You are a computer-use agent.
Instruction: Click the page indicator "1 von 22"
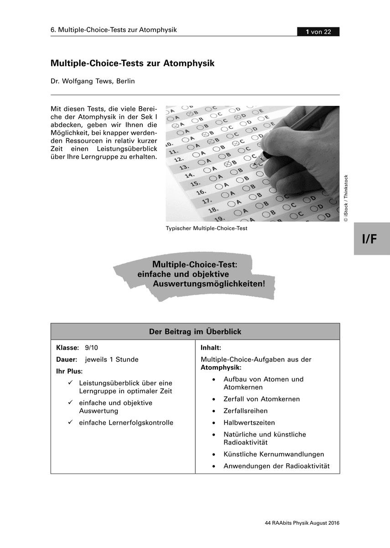(x=318, y=32)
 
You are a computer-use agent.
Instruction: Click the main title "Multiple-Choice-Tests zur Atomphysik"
(x=132, y=63)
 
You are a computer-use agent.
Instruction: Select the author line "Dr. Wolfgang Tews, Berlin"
(x=93, y=81)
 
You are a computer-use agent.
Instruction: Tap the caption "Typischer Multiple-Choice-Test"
(x=207, y=228)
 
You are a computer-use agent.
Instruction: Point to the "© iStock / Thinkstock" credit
(x=346, y=198)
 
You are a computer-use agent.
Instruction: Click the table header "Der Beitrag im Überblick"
(x=195, y=332)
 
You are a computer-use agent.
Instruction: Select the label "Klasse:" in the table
(x=68, y=348)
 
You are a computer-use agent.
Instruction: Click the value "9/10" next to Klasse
(x=91, y=348)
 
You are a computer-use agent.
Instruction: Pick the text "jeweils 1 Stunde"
(x=112, y=359)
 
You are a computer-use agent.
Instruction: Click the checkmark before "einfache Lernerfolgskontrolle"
(x=70, y=422)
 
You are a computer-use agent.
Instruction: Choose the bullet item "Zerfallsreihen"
(x=245, y=411)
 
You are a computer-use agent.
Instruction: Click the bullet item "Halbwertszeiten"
(x=249, y=422)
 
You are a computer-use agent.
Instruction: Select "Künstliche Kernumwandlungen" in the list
(x=274, y=454)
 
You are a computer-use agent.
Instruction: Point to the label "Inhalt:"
(x=211, y=348)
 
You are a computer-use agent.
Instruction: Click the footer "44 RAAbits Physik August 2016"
(x=302, y=523)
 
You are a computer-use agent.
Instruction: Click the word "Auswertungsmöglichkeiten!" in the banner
(x=209, y=284)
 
